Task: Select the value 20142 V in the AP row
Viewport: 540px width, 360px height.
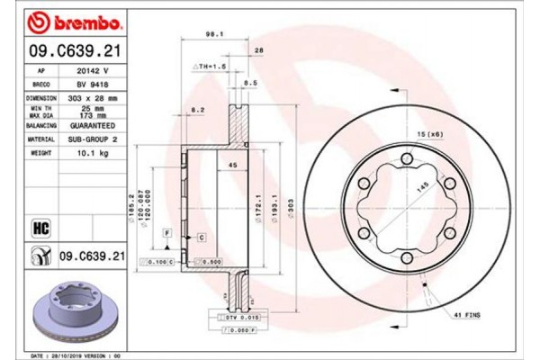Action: [93, 68]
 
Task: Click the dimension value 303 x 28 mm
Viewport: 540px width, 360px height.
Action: [93, 96]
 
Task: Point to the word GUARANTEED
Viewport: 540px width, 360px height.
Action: [93, 126]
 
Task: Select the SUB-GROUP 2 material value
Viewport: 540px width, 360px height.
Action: [93, 139]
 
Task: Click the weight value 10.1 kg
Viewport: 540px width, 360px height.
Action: [93, 154]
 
